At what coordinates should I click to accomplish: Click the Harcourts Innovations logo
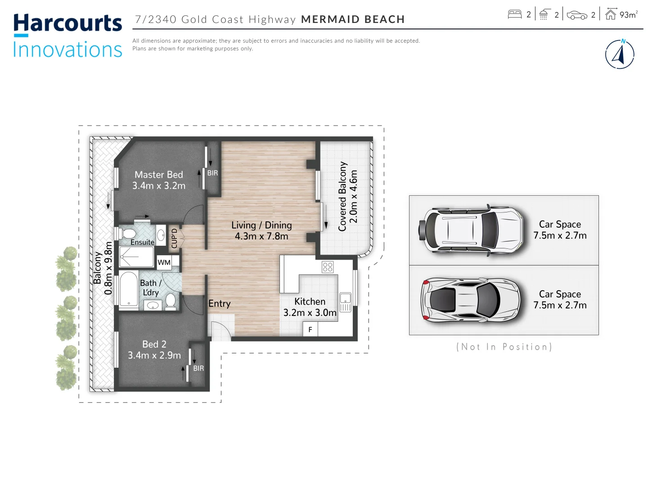[67, 36]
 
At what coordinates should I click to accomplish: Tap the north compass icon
[620, 54]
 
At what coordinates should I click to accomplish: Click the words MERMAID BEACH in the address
[353, 19]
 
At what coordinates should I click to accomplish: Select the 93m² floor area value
[628, 15]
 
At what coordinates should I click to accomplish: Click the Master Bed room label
[159, 180]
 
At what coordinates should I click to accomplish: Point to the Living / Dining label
[261, 230]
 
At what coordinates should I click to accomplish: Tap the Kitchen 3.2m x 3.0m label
[310, 307]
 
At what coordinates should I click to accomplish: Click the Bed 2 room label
[154, 350]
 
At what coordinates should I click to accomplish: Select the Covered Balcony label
[348, 196]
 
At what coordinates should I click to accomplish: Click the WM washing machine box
[164, 262]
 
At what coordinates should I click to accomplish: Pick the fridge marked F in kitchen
[310, 329]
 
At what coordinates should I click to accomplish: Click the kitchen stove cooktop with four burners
[328, 267]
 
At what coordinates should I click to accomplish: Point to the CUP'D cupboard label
[175, 238]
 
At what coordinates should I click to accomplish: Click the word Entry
[219, 304]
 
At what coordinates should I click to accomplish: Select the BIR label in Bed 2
[198, 368]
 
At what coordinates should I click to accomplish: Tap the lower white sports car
[471, 300]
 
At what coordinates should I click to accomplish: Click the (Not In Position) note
[504, 347]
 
